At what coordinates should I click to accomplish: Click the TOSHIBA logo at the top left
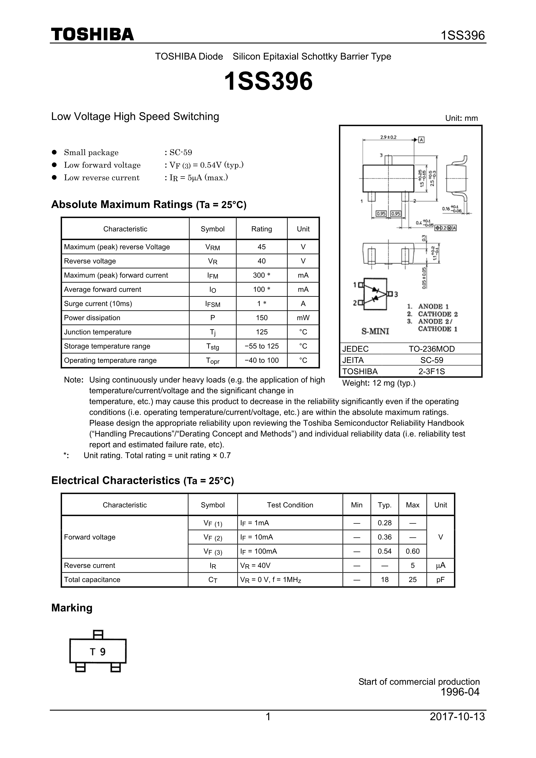pos(93,35)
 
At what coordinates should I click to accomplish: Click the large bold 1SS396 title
pos(268,81)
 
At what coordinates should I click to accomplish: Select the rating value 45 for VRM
pos(261,247)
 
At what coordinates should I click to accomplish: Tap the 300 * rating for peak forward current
pos(261,275)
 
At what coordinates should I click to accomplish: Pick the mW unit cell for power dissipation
pos(303,318)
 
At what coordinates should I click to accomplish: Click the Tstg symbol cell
pos(212,346)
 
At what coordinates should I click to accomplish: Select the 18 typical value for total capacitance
pos(384,580)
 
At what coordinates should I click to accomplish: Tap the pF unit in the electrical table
pos(440,580)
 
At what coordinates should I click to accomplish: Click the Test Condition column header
pos(290,505)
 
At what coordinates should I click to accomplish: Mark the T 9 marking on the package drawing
pos(98,652)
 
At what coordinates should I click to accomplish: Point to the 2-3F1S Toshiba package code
pos(431,371)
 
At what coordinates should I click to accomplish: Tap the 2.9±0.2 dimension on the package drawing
pos(388,137)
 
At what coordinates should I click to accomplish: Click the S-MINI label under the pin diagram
pos(375,331)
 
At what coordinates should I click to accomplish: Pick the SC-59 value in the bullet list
pos(180,153)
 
